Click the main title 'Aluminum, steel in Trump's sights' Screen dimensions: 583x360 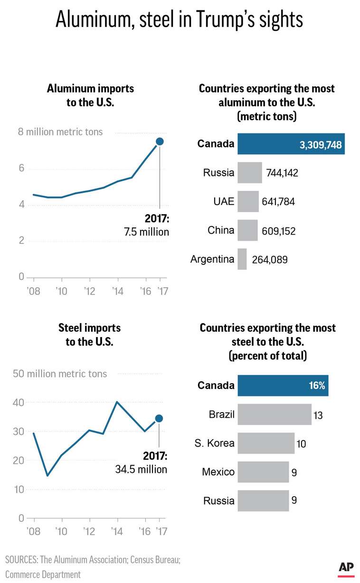point(180,20)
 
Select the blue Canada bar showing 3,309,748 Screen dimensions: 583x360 point(291,144)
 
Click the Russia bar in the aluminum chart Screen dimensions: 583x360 point(249,173)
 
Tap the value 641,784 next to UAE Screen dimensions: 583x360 point(278,202)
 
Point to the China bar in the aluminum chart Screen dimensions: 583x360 point(247,230)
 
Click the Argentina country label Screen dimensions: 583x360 point(212,259)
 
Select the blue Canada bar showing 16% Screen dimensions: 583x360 point(283,385)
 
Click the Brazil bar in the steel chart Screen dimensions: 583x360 point(274,414)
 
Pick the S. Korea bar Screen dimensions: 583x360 point(265,443)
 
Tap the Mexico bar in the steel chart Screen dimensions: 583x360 point(263,472)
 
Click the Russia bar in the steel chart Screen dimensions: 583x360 point(263,501)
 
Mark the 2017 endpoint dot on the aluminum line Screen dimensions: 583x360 point(160,141)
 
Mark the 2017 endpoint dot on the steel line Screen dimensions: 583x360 point(159,418)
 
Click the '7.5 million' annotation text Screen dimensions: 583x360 point(146,232)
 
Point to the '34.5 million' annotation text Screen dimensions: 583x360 point(141,469)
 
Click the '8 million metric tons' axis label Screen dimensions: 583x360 point(60,132)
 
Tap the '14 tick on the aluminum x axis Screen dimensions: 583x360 point(117,290)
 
